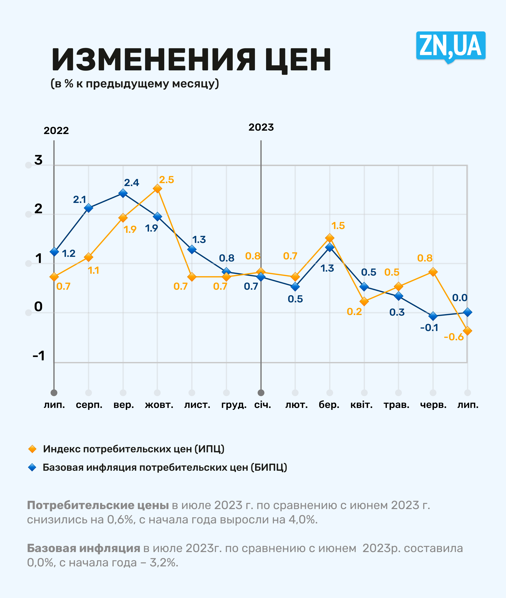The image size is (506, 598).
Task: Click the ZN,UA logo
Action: [x=450, y=46]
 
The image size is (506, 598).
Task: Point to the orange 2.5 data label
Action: [x=166, y=180]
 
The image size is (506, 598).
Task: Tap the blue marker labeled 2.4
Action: [x=123, y=193]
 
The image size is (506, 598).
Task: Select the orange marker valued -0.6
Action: [x=467, y=331]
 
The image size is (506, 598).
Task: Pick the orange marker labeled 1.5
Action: [x=330, y=238]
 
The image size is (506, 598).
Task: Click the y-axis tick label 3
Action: [x=38, y=160]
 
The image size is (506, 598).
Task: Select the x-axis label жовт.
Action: [x=159, y=405]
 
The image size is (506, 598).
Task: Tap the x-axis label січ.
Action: [x=262, y=405]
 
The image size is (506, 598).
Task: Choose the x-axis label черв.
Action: [x=433, y=405]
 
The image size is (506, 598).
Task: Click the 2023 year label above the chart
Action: [x=261, y=127]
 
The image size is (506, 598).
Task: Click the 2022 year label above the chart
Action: [x=56, y=131]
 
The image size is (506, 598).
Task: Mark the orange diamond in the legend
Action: [x=32, y=449]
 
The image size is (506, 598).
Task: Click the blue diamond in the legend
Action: [x=32, y=467]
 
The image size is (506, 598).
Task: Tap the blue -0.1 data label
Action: [x=429, y=327]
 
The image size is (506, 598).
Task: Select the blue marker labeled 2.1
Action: [x=89, y=208]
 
